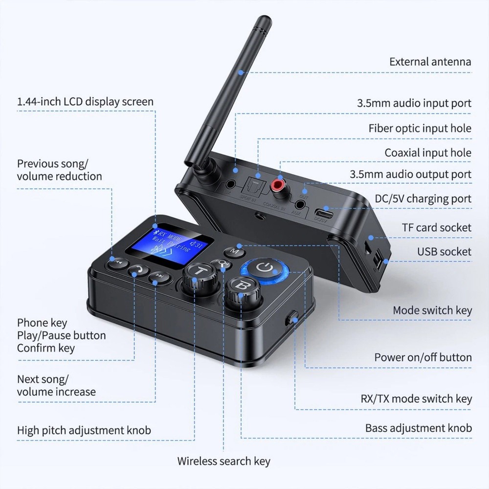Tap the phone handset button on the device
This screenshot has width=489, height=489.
[138, 270]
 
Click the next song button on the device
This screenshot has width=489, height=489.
[159, 277]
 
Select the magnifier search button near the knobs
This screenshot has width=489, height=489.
[222, 265]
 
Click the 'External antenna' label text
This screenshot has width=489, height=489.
[430, 62]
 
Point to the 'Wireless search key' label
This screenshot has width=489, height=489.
[223, 461]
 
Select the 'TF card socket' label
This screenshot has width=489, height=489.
[437, 227]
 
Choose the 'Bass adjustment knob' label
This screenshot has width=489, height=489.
[418, 428]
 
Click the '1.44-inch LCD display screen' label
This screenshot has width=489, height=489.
[85, 102]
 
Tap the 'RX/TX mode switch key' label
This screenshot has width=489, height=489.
[423, 399]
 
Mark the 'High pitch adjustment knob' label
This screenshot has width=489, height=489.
[84, 430]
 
